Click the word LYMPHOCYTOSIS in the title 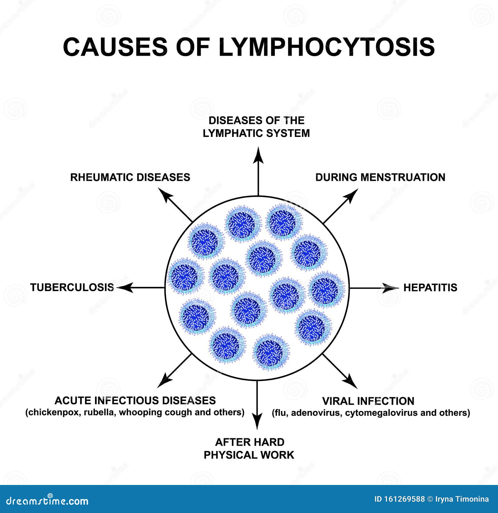(327, 47)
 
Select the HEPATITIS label (430, 287)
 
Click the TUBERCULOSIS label (72, 287)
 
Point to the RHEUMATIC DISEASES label (130, 177)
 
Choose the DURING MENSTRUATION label (380, 177)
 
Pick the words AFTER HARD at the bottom (250, 442)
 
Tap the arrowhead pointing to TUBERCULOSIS (125, 288)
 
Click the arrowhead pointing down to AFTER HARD (257, 421)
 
